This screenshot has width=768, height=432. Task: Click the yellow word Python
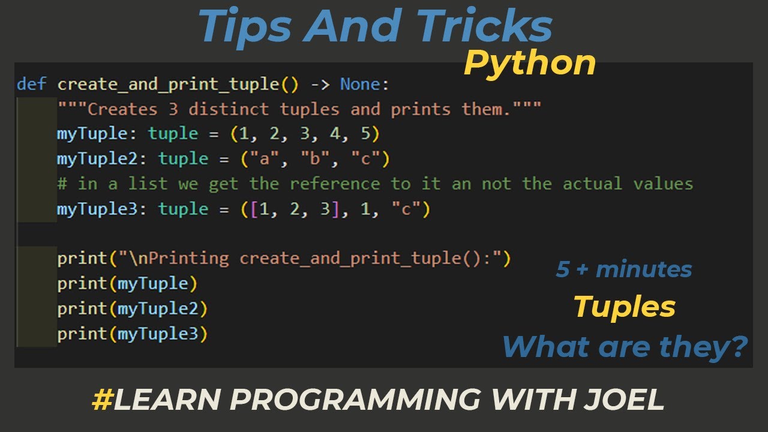(x=530, y=63)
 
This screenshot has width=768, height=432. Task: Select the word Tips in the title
(x=240, y=26)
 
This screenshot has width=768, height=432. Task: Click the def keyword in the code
(x=32, y=84)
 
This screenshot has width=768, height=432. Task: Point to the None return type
(x=361, y=84)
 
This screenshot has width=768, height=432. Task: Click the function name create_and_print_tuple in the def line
(x=169, y=84)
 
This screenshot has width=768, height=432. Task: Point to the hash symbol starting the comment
(x=62, y=184)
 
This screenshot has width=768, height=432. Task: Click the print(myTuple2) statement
(x=132, y=309)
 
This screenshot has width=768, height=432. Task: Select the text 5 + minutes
(x=623, y=269)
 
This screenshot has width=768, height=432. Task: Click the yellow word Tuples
(x=624, y=307)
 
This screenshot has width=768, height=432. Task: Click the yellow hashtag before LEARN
(x=101, y=400)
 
